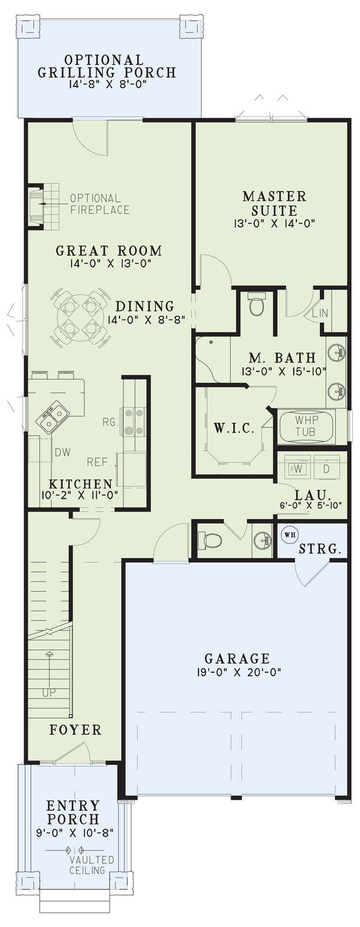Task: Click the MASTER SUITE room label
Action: point(274,203)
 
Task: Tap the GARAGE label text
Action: point(236,658)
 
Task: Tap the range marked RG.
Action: point(132,421)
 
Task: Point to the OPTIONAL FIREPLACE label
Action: point(100,204)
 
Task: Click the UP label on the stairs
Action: point(50,692)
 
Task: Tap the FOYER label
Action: point(75,730)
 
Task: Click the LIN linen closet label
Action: point(318,314)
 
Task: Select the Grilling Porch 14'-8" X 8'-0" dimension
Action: point(107,85)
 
